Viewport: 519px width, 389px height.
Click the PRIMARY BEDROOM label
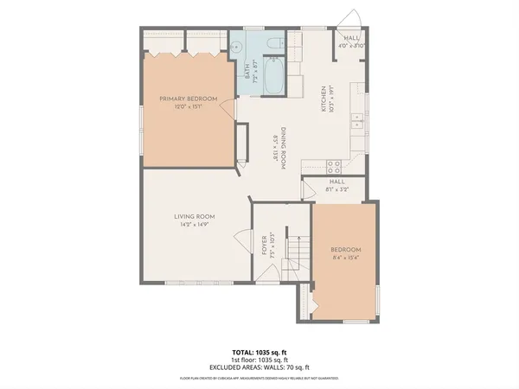188,99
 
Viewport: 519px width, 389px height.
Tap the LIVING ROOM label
194,216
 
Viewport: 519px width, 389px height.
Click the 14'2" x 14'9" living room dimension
194,225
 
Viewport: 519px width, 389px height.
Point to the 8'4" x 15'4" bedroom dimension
345,257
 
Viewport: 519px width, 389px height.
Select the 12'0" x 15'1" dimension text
188,107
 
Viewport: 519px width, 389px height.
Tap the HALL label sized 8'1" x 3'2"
337,182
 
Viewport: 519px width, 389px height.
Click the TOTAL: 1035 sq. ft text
259,353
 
